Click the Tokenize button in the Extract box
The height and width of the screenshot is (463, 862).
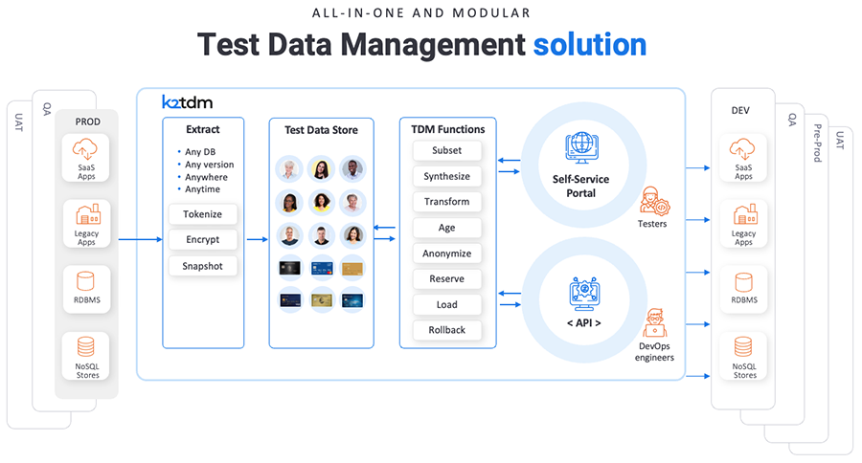pos(202,214)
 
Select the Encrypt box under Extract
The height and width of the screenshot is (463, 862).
pos(202,240)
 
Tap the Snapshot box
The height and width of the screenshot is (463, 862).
pos(202,266)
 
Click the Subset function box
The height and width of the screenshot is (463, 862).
pos(446,151)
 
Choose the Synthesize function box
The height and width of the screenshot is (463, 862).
pos(446,176)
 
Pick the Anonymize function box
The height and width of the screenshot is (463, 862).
pos(446,254)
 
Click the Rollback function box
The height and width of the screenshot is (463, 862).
pos(446,330)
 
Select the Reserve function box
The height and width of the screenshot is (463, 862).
pos(446,279)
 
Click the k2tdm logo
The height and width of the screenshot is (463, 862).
pos(188,100)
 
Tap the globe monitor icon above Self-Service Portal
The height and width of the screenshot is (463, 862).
pos(580,146)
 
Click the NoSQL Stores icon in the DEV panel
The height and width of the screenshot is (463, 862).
pos(743,346)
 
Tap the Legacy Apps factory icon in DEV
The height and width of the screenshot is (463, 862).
pos(743,215)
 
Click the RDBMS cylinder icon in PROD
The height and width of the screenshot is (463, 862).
pos(86,281)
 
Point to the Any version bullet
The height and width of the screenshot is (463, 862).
pos(208,165)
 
